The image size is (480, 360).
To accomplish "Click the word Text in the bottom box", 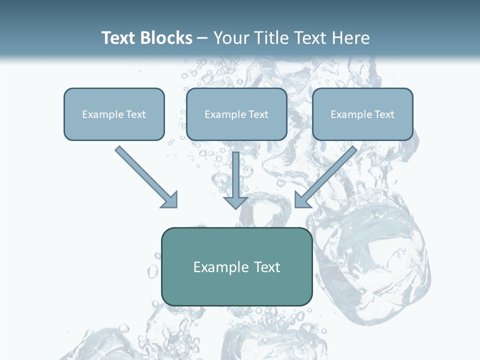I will coord(266,267).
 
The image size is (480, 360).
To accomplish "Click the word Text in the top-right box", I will coord(384,114).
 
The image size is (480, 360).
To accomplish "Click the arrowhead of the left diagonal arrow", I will coord(170,200).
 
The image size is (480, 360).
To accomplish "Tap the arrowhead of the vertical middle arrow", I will coord(235,202).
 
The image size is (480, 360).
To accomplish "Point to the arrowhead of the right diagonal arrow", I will coord(302,200).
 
